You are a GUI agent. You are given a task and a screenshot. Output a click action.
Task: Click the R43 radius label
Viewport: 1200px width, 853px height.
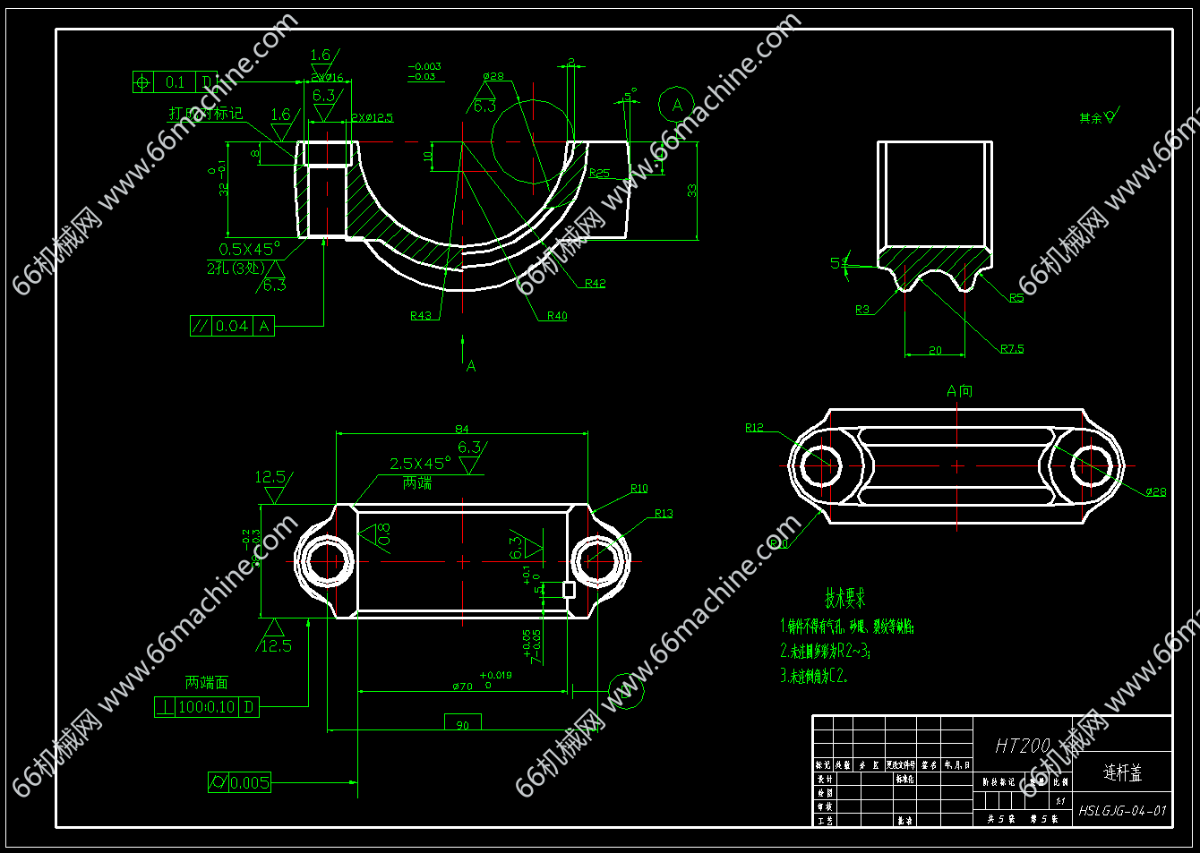tap(420, 315)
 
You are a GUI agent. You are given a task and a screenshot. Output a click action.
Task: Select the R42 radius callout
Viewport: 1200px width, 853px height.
tap(595, 284)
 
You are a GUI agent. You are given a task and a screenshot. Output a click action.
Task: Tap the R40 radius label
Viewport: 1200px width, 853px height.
tap(557, 316)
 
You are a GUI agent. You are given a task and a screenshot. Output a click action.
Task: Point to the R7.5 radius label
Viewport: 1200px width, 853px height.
tap(1012, 349)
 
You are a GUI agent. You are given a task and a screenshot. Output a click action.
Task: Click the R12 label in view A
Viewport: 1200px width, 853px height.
tap(754, 428)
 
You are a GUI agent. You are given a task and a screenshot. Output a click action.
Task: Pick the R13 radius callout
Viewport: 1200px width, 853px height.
tap(663, 514)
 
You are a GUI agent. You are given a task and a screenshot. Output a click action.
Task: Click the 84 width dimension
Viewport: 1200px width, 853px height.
tap(462, 430)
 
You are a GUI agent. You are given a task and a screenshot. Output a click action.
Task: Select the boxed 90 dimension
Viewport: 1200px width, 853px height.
tap(462, 723)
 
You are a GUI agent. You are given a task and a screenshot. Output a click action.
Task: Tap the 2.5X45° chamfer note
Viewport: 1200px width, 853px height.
tap(420, 464)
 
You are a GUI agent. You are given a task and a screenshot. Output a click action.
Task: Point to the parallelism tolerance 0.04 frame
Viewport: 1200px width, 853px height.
tap(232, 327)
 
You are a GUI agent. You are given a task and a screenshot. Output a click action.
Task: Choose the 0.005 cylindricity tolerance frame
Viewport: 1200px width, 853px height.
tap(239, 783)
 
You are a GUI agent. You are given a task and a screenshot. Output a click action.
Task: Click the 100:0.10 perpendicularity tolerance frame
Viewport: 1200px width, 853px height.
tap(207, 707)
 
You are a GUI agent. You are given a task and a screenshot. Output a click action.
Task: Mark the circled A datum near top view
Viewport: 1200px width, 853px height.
tap(676, 106)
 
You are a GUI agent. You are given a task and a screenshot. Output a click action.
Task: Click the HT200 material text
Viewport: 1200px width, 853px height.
tap(1022, 746)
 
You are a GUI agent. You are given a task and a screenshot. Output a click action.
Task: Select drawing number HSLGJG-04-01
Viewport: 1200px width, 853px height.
tap(1122, 811)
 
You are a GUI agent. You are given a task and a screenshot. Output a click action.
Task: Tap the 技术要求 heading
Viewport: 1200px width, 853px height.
tap(844, 598)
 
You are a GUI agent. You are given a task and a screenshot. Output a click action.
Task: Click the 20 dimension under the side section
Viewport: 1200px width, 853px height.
tap(935, 351)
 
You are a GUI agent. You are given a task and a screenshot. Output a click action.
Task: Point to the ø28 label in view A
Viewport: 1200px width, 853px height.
tap(1155, 491)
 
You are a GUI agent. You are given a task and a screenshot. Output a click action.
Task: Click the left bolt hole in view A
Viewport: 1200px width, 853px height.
tap(819, 465)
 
